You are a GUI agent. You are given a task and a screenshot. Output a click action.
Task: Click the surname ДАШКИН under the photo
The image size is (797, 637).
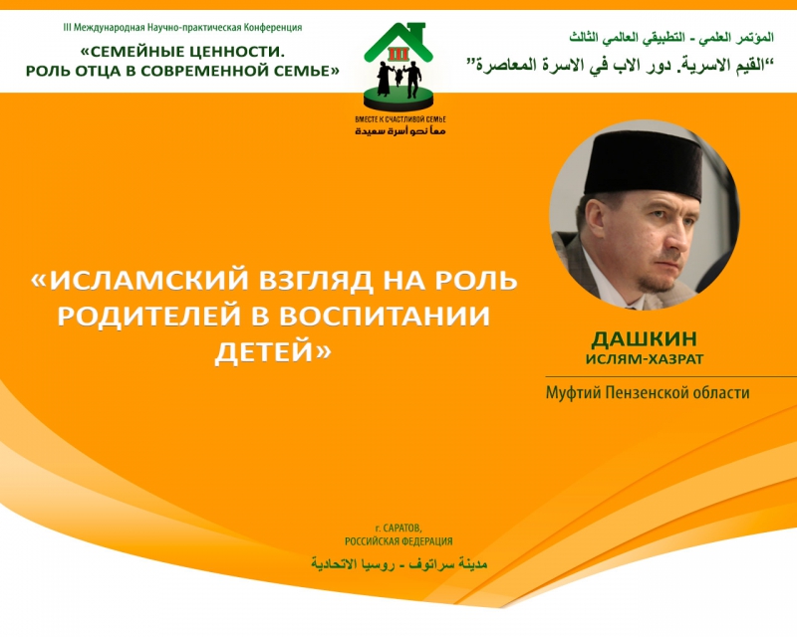(644, 338)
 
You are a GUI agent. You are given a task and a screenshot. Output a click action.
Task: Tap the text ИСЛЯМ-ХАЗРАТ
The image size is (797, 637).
(645, 359)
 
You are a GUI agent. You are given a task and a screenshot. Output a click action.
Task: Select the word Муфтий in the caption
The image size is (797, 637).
(573, 393)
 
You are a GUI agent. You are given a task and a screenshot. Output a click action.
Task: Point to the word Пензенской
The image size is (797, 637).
(651, 392)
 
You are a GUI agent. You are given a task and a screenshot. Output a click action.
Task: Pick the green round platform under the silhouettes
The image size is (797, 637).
(398, 99)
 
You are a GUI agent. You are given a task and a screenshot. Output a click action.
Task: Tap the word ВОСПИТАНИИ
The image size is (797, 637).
(385, 315)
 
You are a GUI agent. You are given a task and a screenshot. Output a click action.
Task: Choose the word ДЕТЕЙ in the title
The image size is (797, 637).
(272, 351)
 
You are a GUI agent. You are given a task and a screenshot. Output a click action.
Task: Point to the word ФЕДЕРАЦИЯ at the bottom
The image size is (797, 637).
(427, 541)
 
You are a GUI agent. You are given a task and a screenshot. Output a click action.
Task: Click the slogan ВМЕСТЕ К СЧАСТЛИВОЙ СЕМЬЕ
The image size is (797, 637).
(400, 119)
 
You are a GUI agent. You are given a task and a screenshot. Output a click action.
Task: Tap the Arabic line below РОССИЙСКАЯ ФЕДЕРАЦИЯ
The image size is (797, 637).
(399, 563)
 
